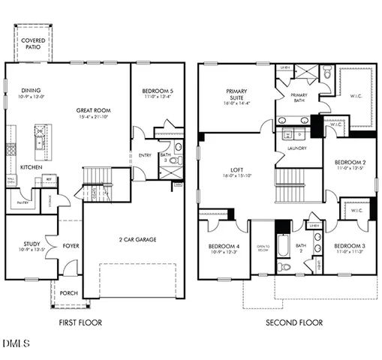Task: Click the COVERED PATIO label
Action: coord(33,44)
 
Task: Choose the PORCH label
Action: coord(69,293)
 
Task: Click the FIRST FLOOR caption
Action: coord(80,322)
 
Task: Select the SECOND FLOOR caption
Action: coord(294,322)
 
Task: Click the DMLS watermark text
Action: coord(16,344)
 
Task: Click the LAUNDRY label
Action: coord(295,149)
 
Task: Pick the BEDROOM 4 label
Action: coord(223,246)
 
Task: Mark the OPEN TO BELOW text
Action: coord(263,248)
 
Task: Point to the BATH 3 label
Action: coord(164,156)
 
